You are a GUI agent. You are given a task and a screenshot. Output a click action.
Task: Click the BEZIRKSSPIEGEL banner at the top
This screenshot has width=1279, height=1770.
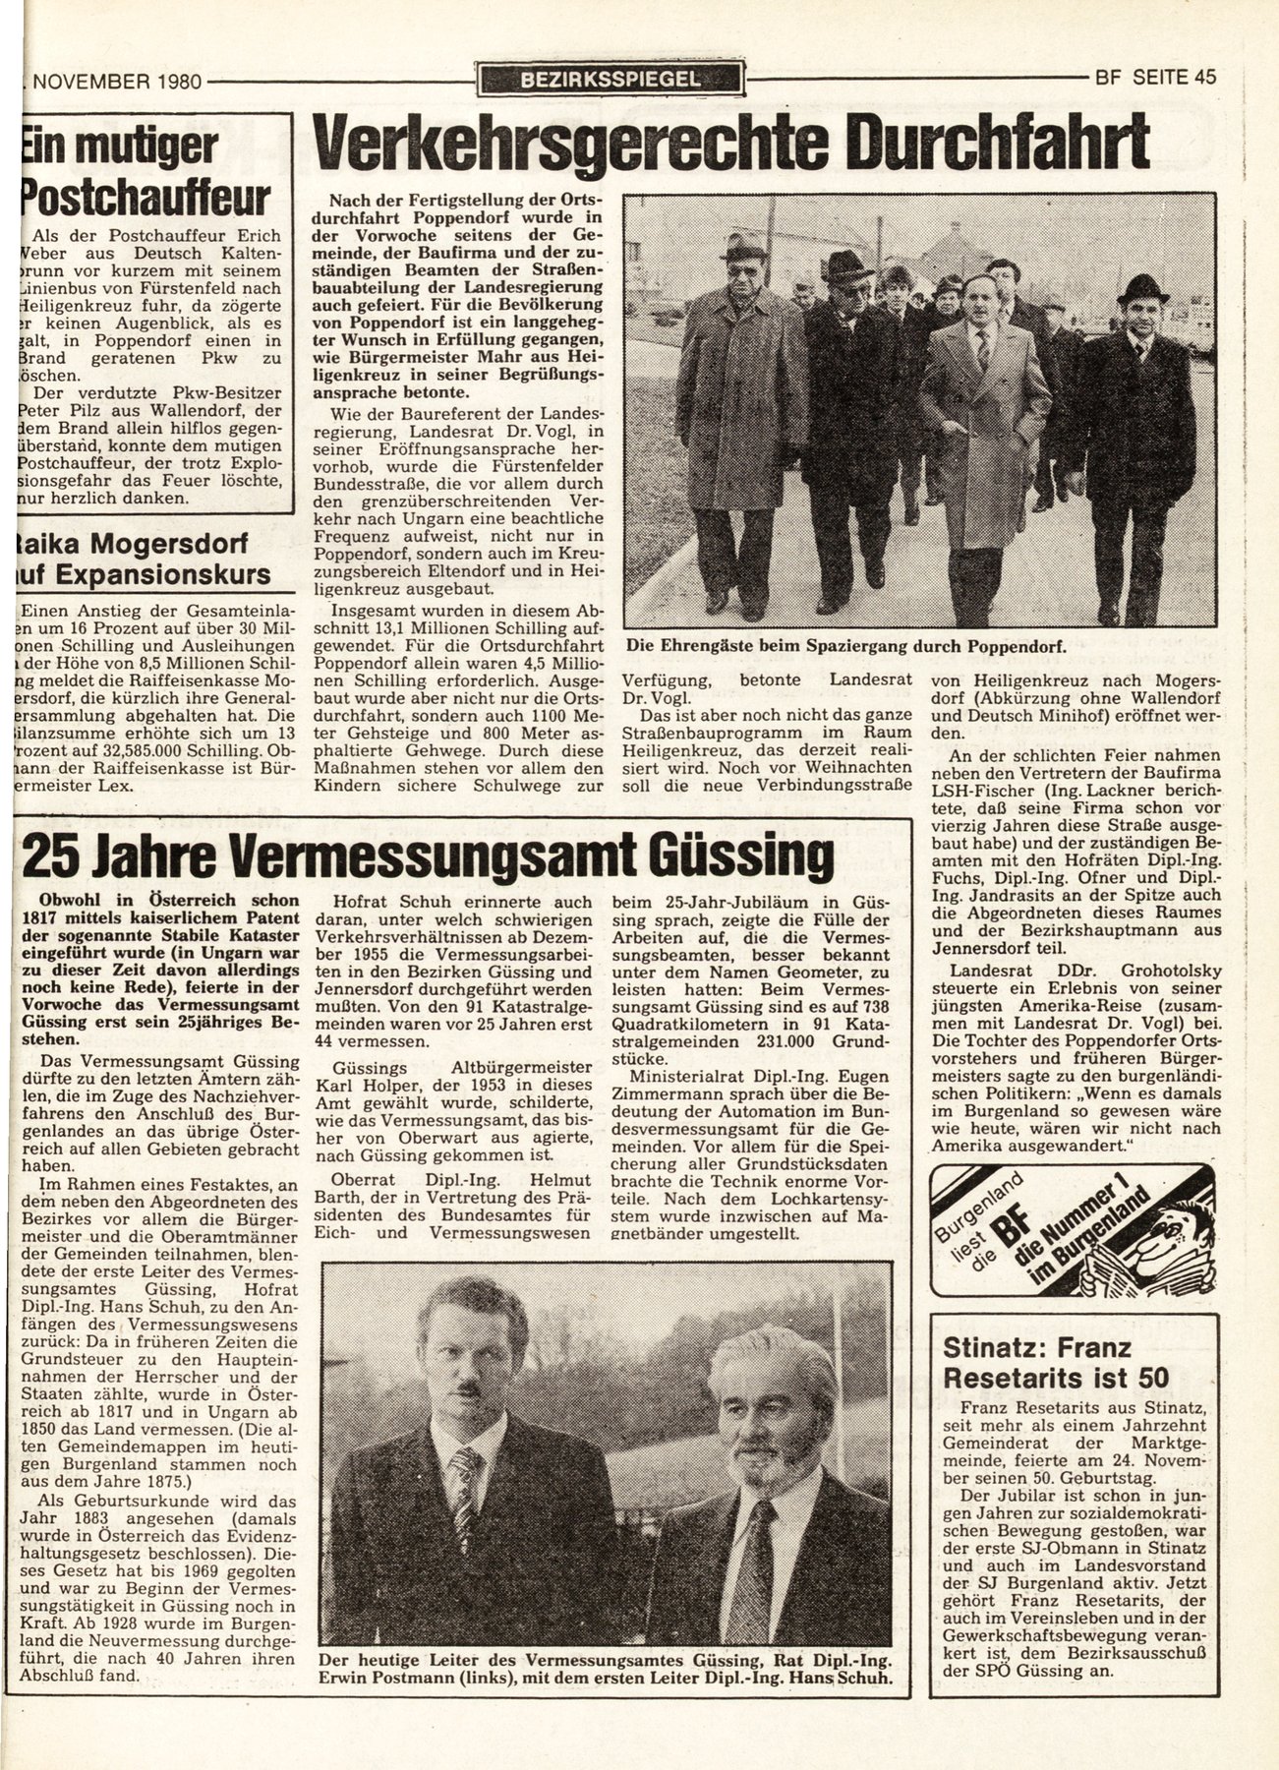coord(610,80)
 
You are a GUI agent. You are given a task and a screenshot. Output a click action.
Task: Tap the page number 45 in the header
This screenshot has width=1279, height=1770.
coord(1201,79)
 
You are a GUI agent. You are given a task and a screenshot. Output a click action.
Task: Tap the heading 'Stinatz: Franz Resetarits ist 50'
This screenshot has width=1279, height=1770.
coord(1052,1361)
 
